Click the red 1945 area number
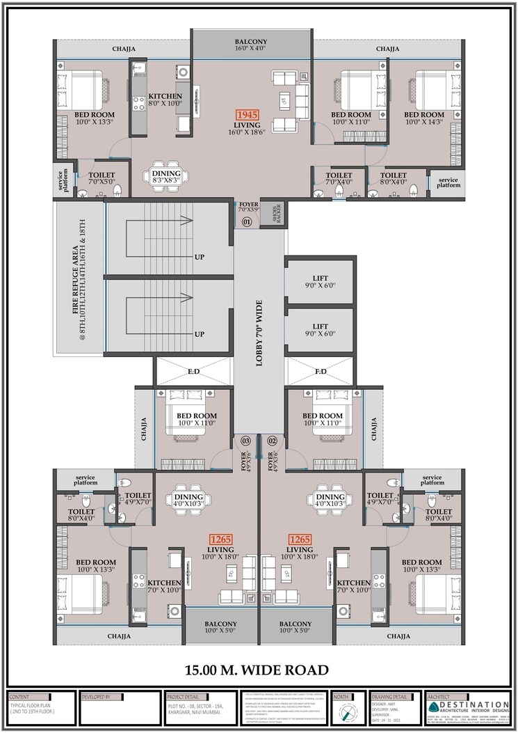coord(246,114)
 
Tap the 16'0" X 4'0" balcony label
coord(250,46)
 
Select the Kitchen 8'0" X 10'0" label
coord(165,100)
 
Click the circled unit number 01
coord(246,222)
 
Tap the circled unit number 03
coord(245,441)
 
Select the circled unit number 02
coord(273,441)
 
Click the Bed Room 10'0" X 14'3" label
coord(423,118)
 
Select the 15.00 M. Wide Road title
coord(257,670)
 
